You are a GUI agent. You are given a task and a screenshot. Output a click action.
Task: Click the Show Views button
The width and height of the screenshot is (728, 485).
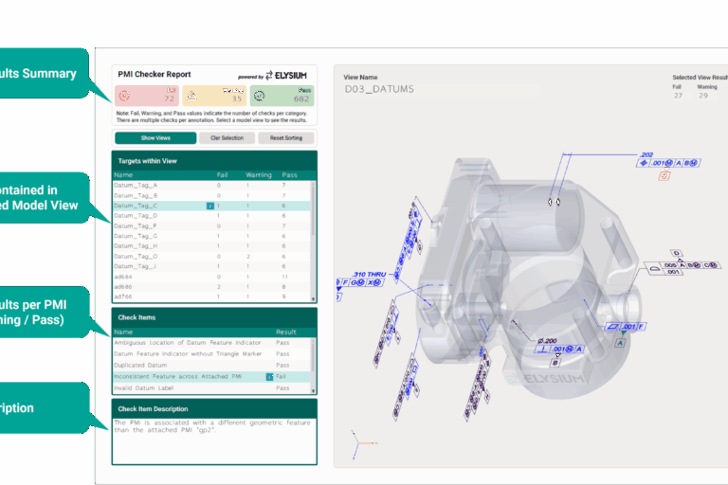click(x=155, y=137)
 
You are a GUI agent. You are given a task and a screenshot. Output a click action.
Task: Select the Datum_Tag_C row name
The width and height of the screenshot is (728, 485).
click(x=136, y=206)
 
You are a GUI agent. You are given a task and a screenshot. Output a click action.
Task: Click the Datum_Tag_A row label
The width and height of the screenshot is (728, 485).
click(x=136, y=185)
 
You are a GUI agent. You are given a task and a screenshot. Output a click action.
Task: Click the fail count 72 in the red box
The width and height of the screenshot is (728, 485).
click(x=169, y=99)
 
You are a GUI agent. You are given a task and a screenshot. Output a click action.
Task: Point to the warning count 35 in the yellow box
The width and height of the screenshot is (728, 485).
click(x=236, y=99)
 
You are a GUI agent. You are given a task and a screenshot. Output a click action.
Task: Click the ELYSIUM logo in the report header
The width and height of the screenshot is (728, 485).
click(x=286, y=74)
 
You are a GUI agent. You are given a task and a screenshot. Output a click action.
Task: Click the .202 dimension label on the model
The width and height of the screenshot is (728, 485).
click(x=647, y=153)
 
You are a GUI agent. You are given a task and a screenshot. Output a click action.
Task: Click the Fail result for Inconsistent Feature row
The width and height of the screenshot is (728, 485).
click(x=282, y=376)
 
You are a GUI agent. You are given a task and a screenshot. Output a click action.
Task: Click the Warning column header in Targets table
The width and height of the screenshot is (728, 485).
click(x=258, y=174)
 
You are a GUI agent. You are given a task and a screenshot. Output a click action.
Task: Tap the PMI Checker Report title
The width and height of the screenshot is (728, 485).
click(x=154, y=74)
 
